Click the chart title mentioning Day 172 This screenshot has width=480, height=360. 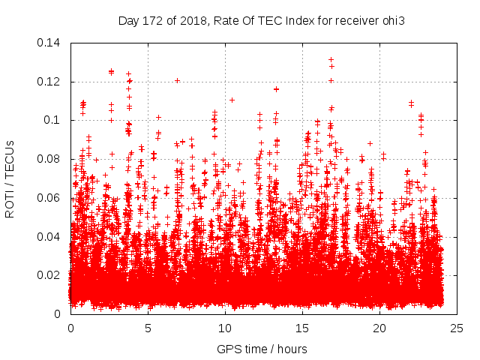click(262, 20)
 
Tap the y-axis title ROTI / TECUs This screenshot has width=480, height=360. click(10, 178)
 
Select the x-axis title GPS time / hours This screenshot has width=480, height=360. click(262, 349)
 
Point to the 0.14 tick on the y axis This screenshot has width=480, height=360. click(51, 43)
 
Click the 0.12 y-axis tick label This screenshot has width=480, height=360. click(51, 82)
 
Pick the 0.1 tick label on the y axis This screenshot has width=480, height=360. click(54, 120)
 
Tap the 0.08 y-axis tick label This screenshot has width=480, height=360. click(51, 159)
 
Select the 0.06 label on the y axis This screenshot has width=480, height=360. click(51, 198)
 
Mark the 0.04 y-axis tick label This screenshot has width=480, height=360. click(51, 237)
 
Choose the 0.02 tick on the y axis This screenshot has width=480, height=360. click(51, 275)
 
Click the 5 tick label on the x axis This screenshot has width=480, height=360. click(148, 328)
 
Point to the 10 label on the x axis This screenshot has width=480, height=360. click(225, 328)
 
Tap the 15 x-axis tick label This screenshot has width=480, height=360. click(302, 328)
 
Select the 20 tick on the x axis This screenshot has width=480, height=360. click(379, 328)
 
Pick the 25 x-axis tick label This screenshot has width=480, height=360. click(457, 328)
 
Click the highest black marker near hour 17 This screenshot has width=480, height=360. click(331, 59)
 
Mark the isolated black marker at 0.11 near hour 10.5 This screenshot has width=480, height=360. click(232, 100)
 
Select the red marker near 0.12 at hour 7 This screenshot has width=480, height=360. click(178, 80)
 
